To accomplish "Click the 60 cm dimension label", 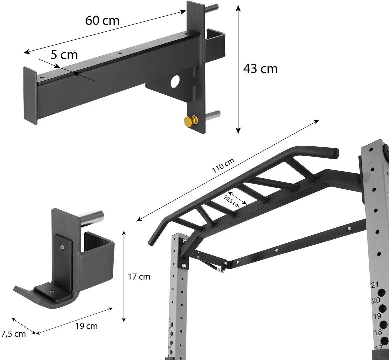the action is (102, 20).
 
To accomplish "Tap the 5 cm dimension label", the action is (64, 55).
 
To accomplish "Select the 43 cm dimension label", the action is (260, 69).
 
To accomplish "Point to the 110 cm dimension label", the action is (223, 166).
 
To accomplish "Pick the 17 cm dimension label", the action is (139, 277).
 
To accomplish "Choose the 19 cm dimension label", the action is (86, 326).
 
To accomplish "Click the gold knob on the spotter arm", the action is (190, 121).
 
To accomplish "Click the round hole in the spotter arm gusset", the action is (175, 81).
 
